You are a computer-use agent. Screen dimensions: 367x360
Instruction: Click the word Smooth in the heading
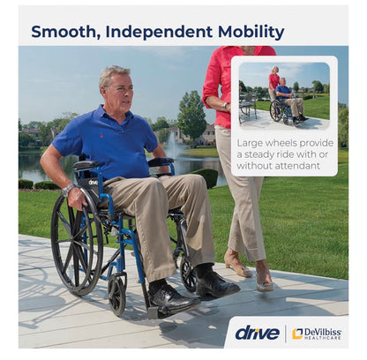pyautogui.click(x=64, y=32)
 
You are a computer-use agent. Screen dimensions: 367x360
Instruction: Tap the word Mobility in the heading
pyautogui.click(x=251, y=33)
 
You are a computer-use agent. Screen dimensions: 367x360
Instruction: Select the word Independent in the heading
pyautogui.click(x=159, y=32)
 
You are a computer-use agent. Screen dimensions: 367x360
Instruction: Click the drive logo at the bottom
pyautogui.click(x=257, y=334)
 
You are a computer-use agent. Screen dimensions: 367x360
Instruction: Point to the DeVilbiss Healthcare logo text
pyautogui.click(x=317, y=334)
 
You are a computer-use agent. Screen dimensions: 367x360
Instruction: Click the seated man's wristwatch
pyautogui.click(x=68, y=190)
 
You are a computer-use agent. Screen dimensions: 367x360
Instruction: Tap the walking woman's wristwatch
pyautogui.click(x=224, y=106)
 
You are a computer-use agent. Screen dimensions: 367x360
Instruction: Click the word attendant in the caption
pyautogui.click(x=297, y=166)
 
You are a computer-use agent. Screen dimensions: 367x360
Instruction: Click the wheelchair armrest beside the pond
pyautogui.click(x=161, y=161)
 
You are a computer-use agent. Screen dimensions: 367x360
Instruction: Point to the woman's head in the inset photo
pyautogui.click(x=275, y=70)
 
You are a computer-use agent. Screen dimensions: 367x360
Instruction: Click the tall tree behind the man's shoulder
pyautogui.click(x=192, y=116)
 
